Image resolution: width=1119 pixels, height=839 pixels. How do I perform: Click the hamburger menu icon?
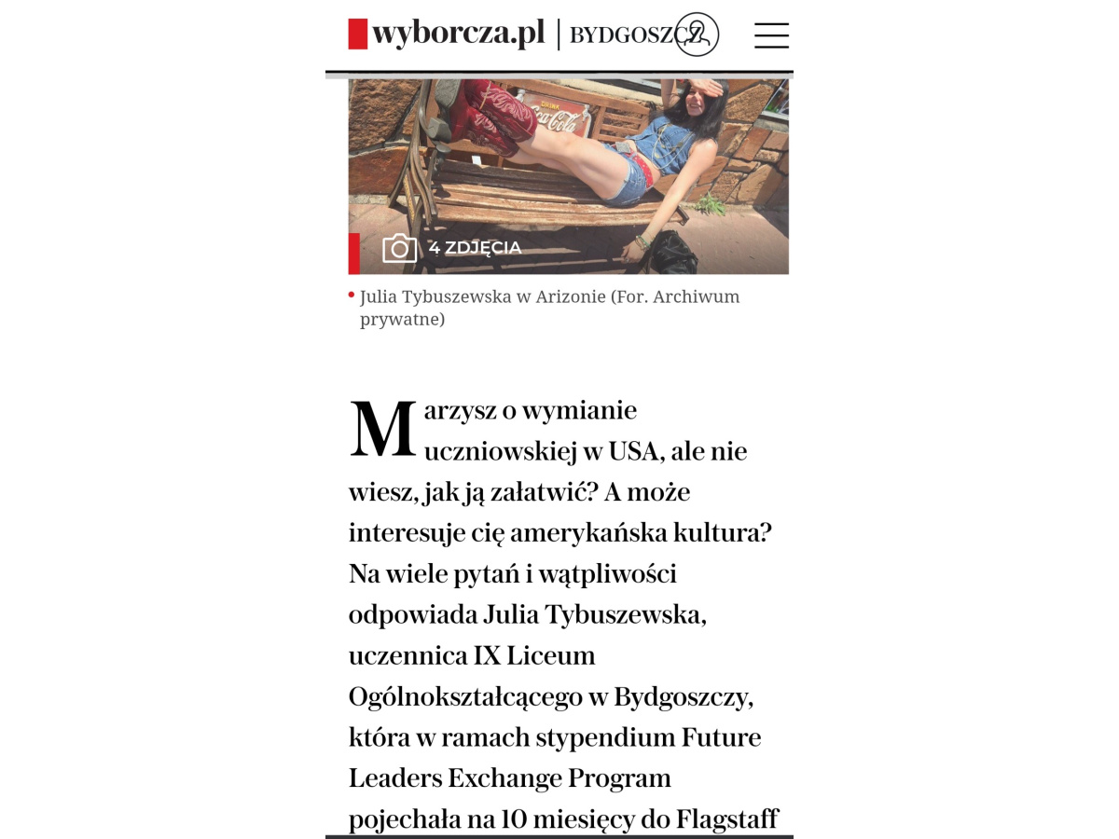coord(771,35)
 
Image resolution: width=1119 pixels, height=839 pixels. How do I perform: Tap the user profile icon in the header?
coord(697,35)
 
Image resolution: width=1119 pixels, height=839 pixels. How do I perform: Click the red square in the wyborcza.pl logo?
coord(358,34)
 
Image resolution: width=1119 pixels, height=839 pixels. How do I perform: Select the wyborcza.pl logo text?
coord(458,34)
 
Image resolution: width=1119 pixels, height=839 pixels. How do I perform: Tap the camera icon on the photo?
coord(399,248)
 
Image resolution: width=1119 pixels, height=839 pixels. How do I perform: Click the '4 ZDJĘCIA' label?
coord(475,248)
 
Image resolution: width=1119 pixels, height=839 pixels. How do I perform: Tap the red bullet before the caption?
coord(352,296)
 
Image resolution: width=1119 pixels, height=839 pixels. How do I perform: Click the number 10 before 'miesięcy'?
coord(515,819)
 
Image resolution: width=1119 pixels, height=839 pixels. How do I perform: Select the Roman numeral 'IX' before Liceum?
coord(487,655)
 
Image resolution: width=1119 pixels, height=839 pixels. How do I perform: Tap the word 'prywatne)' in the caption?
coord(402,319)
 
